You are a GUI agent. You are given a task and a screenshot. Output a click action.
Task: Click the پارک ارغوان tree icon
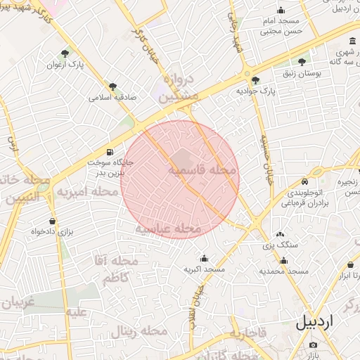pos(65,53)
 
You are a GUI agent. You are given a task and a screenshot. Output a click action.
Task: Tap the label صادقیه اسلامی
pos(112,97)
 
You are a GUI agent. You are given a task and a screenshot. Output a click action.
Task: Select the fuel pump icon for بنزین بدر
pos(109,152)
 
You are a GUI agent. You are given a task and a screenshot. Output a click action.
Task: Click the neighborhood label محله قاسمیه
pos(202,170)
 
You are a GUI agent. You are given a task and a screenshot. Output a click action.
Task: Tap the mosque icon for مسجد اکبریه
pos(204,258)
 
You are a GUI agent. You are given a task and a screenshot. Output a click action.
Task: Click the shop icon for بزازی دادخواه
pos(33,220)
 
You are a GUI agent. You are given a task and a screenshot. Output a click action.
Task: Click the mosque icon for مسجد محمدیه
pos(283,260)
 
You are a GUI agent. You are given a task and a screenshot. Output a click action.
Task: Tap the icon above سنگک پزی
pos(281,234)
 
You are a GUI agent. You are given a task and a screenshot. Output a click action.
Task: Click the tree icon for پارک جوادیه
pos(255,80)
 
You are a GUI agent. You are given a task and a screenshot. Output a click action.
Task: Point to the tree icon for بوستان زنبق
pos(302,62)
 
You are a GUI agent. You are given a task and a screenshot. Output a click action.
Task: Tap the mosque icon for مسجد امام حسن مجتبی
pos(281,10)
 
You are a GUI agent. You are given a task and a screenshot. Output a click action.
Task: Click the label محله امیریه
pos(87,191)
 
